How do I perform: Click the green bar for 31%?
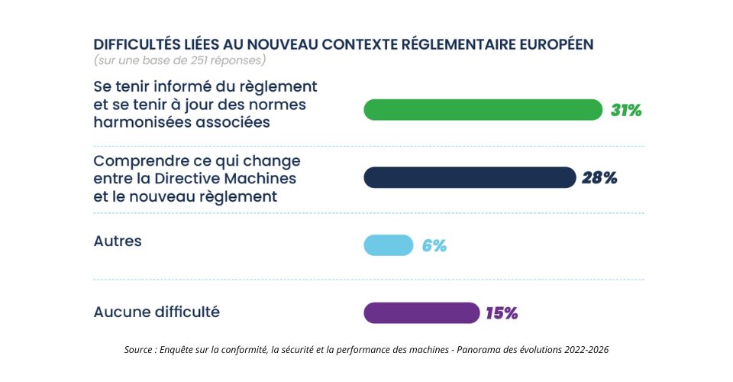483,110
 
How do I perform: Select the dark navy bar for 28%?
470,178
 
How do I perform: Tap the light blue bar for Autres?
389,245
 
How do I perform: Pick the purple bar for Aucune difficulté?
421,312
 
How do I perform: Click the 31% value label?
626,110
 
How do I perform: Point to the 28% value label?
599,178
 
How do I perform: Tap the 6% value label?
434,245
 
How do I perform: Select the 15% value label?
502,313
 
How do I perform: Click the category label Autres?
118,241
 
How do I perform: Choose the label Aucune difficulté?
157,312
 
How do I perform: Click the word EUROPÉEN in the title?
557,44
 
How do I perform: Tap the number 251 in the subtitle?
199,60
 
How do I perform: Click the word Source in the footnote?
138,350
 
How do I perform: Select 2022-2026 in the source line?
586,350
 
